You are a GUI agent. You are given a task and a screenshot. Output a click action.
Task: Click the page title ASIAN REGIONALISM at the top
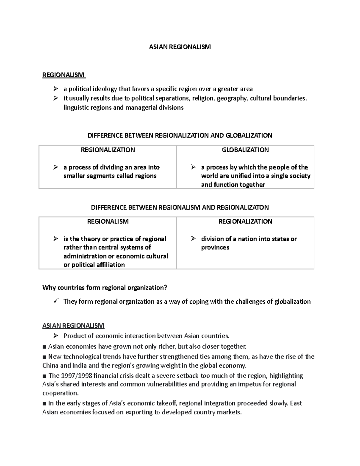coord(180,47)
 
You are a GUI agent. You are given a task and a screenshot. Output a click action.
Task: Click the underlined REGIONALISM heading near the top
coord(63,75)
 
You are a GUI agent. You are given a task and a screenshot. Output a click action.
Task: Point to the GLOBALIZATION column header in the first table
coord(245,150)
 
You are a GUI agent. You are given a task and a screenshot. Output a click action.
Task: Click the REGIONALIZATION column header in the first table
coord(108,150)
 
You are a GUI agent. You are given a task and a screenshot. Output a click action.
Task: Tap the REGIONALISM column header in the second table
coord(108,221)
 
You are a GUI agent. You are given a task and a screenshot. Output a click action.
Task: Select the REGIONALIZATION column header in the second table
coord(245,221)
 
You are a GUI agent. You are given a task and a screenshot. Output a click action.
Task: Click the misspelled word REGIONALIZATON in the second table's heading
coord(243,207)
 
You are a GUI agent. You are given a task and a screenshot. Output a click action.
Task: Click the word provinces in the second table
coord(215,248)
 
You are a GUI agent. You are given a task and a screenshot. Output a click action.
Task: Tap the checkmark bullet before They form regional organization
coord(55,301)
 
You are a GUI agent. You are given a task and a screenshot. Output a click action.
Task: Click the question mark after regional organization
coord(165,288)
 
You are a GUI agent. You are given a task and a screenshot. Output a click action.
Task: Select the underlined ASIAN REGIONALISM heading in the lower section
coord(73,326)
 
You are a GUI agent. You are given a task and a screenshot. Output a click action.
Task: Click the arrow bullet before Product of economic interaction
coord(55,335)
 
